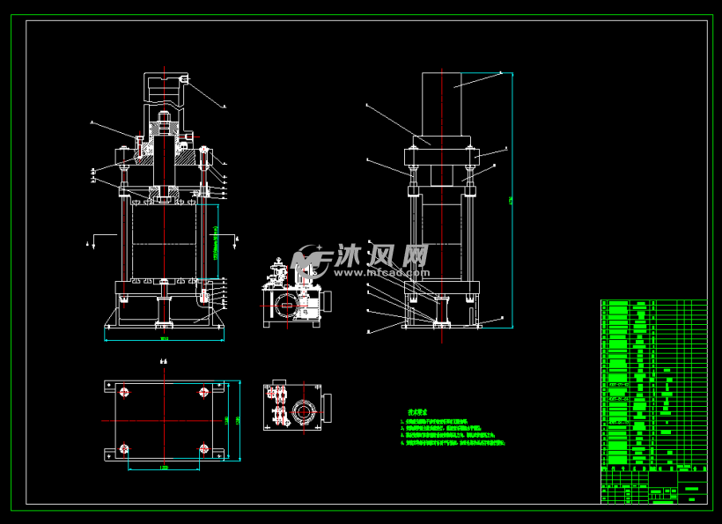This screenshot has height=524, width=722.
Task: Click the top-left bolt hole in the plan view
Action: click(125, 393)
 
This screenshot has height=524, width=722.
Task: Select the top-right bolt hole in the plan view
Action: click(204, 393)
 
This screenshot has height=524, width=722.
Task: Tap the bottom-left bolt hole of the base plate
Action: click(125, 450)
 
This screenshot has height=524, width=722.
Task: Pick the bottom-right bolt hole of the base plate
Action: click(204, 450)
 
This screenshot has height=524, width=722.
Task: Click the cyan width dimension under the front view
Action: click(164, 337)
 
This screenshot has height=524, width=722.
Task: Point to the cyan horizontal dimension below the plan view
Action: click(165, 468)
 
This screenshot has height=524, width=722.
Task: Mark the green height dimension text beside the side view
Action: click(511, 201)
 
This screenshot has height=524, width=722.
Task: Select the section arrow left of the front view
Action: click(96, 239)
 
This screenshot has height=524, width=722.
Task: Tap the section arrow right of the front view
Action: click(237, 239)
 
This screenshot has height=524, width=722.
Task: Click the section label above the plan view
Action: click(163, 361)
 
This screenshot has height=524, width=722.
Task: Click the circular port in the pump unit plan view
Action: click(305, 411)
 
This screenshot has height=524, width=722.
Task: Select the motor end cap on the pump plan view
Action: click(329, 410)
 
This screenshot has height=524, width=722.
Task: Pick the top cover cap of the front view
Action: click(164, 85)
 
